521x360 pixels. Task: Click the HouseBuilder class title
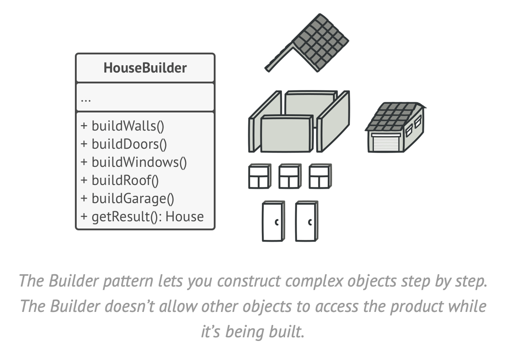click(x=145, y=68)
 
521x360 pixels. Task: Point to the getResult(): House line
click(x=142, y=217)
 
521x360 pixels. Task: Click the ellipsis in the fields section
click(x=85, y=98)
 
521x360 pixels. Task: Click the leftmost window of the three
click(x=259, y=176)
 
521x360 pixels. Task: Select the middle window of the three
click(x=289, y=176)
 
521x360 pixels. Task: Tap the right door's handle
click(x=310, y=223)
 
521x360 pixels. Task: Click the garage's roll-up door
click(x=385, y=142)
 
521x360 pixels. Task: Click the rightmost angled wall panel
click(x=334, y=121)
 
